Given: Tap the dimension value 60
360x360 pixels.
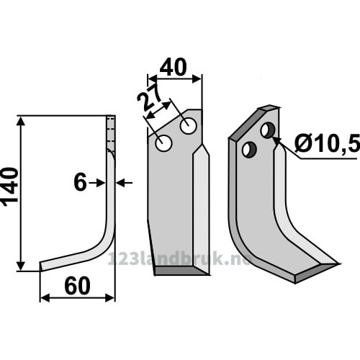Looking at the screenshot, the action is [x=77, y=286].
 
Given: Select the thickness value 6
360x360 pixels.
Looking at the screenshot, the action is [x=80, y=183].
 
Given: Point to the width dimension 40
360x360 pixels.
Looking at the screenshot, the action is [x=173, y=67].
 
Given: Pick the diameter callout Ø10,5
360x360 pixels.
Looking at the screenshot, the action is [x=328, y=143].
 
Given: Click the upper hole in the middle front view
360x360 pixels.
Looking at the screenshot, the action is [x=189, y=125].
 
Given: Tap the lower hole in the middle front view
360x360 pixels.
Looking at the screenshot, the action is [x=163, y=143].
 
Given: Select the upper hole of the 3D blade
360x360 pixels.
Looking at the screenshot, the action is [x=268, y=130].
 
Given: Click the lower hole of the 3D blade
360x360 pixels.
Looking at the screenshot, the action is [x=250, y=150].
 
